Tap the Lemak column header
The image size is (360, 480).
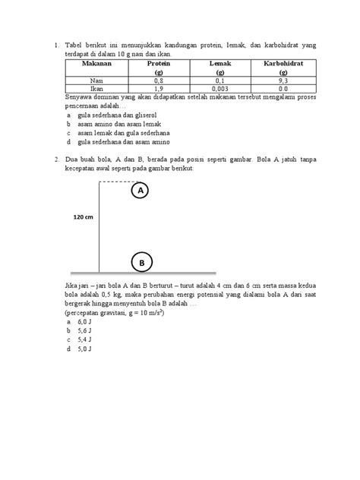click(220, 65)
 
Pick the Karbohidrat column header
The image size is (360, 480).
click(283, 65)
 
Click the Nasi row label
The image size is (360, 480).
click(90, 79)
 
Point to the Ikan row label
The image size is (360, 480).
click(90, 88)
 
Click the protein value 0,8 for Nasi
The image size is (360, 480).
click(158, 79)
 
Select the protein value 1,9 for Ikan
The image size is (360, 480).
click(158, 88)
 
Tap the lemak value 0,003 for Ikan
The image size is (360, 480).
click(220, 88)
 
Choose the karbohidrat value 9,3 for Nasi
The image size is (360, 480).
click(283, 79)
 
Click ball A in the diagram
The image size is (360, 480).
click(141, 192)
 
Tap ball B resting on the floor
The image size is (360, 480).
click(141, 262)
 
